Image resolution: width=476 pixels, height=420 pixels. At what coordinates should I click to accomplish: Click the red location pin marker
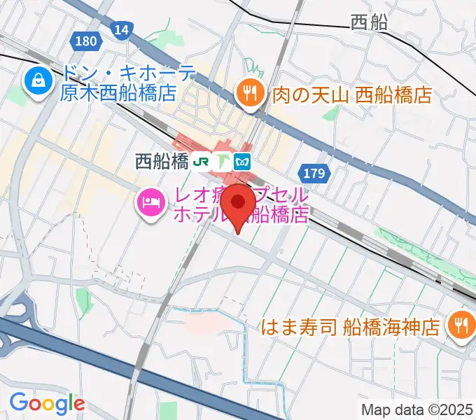point(239,203)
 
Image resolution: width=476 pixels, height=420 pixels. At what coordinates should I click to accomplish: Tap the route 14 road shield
point(121,29)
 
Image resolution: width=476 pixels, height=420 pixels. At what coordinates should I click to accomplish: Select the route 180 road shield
point(86,41)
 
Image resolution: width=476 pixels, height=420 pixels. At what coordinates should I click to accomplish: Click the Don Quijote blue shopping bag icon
point(35,81)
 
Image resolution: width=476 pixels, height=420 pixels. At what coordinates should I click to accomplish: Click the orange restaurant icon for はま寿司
point(460,323)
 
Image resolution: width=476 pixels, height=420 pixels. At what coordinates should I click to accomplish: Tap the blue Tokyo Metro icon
point(243,161)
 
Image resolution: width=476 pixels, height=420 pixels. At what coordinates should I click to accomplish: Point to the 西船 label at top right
point(369,23)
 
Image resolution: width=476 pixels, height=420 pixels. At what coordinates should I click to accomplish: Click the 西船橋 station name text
point(162,162)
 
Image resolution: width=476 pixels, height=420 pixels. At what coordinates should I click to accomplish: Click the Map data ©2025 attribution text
point(418,409)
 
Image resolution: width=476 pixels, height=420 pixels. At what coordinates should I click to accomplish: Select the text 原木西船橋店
point(117,93)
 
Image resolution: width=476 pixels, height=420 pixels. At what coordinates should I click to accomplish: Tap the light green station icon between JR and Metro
point(223,161)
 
